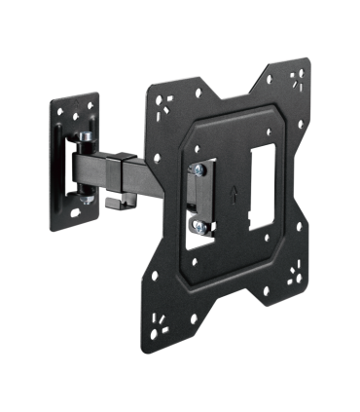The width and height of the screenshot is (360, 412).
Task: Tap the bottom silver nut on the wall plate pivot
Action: [x=87, y=200]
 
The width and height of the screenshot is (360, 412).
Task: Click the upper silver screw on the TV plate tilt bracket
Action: [x=198, y=169]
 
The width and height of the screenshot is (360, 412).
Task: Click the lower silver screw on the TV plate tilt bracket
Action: [x=198, y=227]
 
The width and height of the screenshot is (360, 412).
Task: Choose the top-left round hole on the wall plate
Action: [x=59, y=114]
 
